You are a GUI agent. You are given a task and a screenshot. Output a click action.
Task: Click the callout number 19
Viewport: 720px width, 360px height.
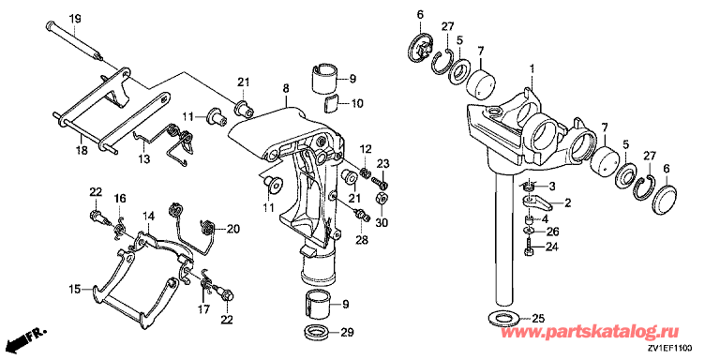pyautogui.click(x=75, y=19)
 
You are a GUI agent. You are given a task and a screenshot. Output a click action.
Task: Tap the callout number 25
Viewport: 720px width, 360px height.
pyautogui.click(x=536, y=317)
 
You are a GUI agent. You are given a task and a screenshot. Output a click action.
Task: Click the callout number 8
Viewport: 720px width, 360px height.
pyautogui.click(x=286, y=87)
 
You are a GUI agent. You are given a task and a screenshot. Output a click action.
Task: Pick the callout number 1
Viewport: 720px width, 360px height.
pyautogui.click(x=532, y=69)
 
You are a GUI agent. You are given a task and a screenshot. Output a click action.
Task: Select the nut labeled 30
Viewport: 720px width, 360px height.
pyautogui.click(x=382, y=199)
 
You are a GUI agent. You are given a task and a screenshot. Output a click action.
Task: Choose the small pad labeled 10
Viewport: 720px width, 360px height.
pyautogui.click(x=330, y=103)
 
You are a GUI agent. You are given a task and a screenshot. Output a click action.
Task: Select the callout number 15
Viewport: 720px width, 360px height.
pyautogui.click(x=74, y=290)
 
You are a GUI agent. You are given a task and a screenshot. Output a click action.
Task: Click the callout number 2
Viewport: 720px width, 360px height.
pyautogui.click(x=567, y=202)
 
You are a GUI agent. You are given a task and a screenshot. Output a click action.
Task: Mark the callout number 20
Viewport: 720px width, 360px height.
pyautogui.click(x=232, y=228)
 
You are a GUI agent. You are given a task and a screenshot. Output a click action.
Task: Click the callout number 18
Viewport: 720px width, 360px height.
pyautogui.click(x=82, y=150)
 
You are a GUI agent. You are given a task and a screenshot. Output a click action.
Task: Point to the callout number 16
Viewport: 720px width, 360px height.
pyautogui.click(x=119, y=198)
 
